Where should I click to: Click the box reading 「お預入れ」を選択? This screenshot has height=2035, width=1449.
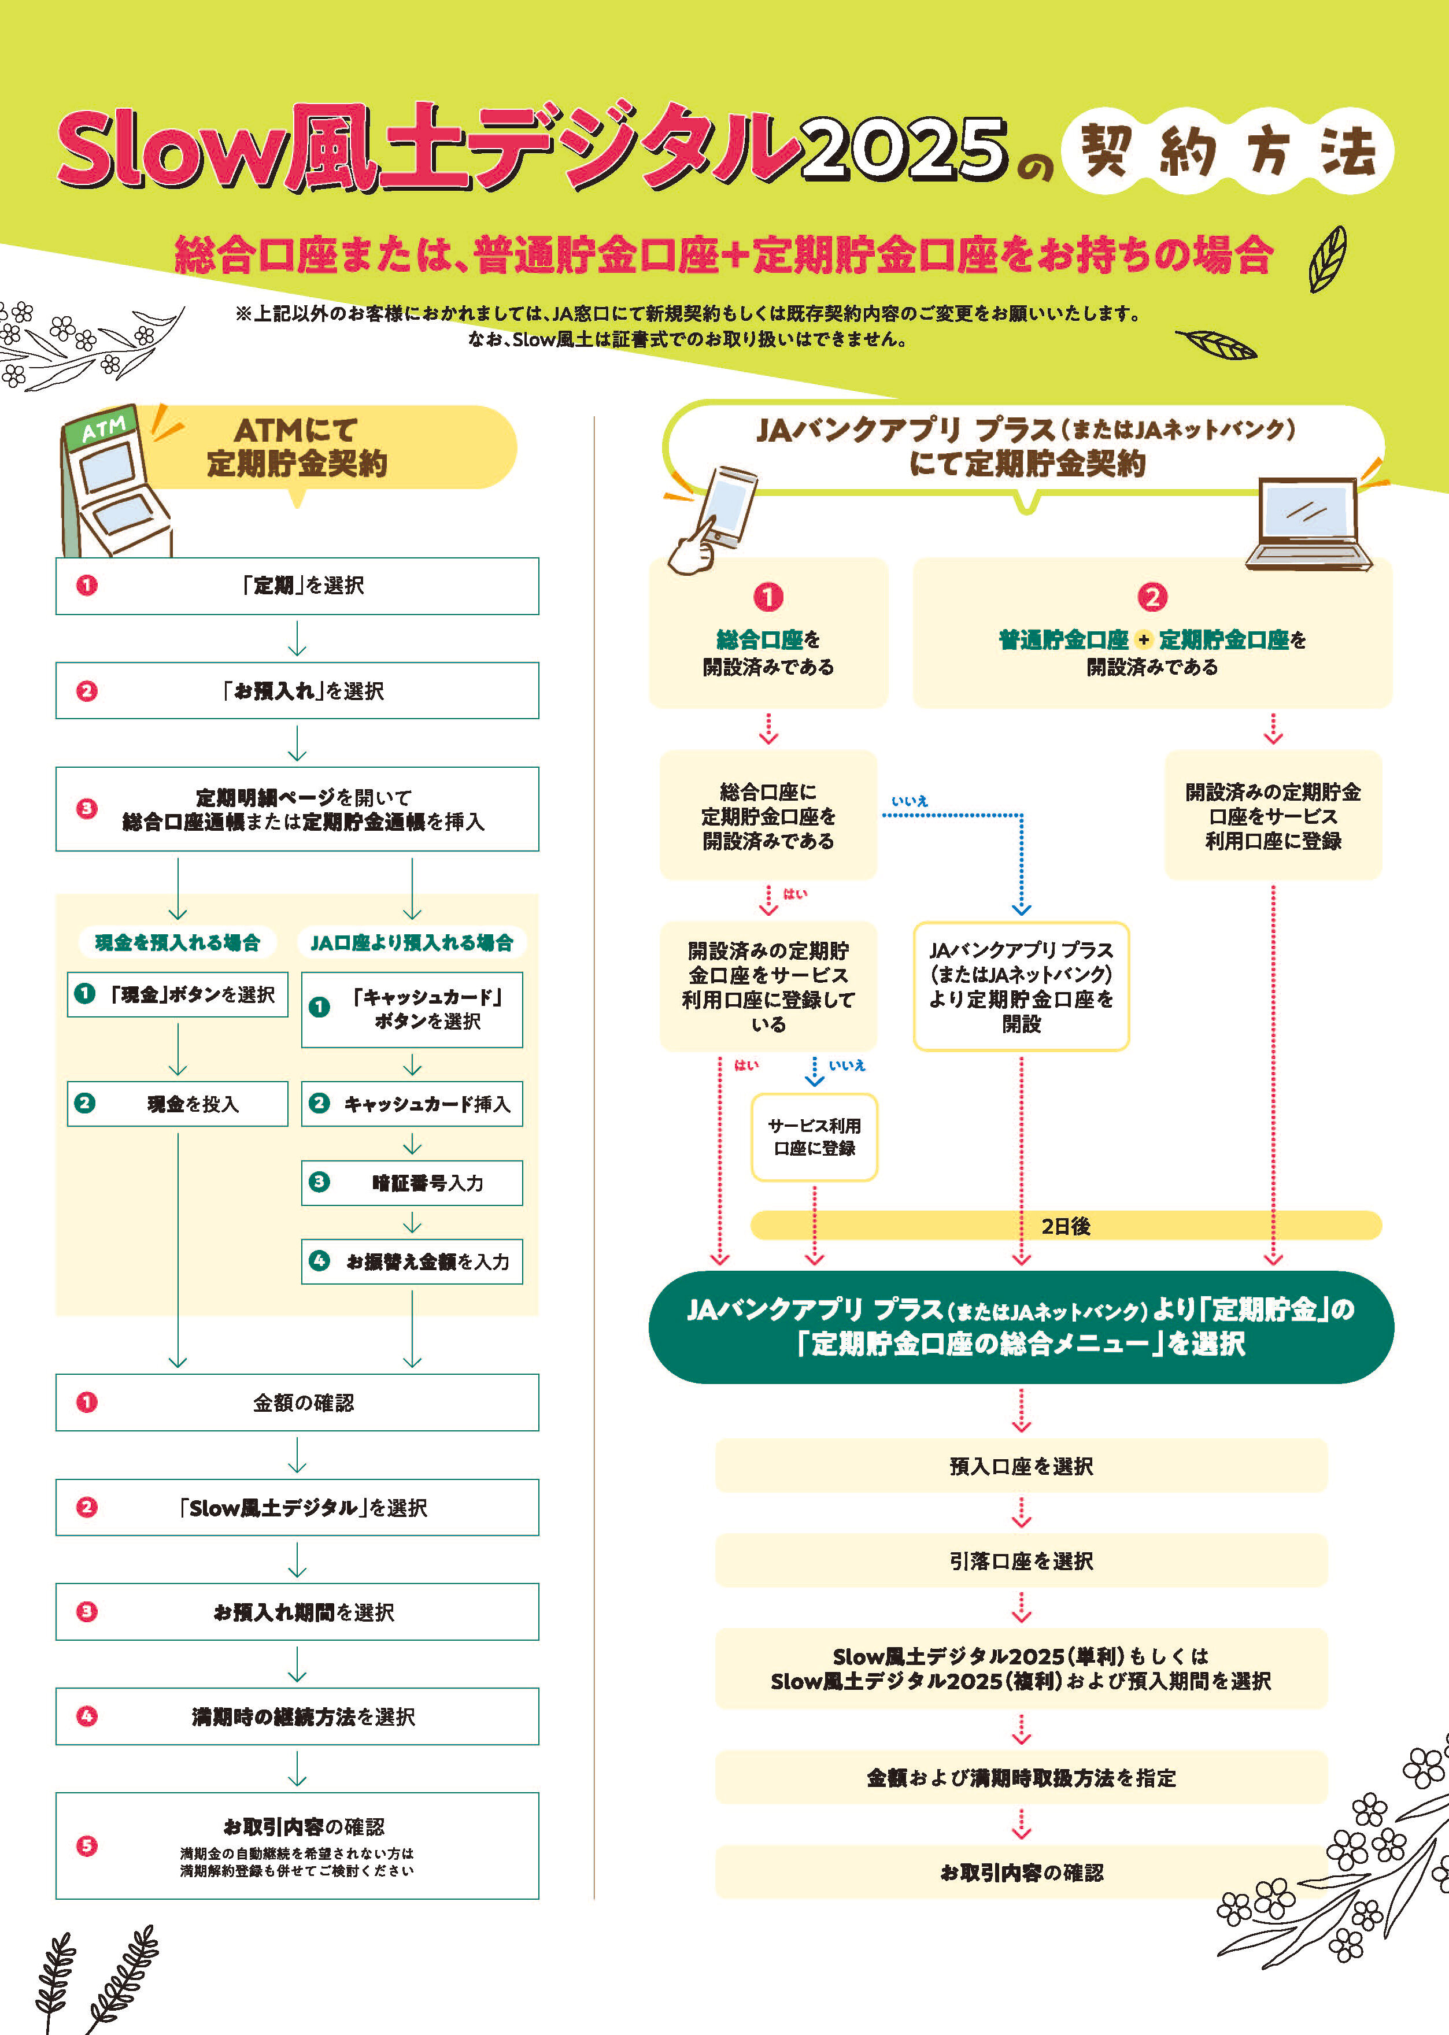(x=297, y=690)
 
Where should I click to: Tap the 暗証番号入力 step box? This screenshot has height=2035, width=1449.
(x=412, y=1183)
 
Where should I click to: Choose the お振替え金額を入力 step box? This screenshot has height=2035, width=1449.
(x=412, y=1261)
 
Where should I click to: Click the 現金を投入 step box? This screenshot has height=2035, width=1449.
(x=178, y=1104)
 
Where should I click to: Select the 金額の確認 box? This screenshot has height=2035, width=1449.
(x=297, y=1403)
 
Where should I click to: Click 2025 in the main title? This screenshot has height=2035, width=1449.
(x=905, y=148)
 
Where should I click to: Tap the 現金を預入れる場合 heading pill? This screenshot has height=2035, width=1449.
(x=178, y=942)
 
